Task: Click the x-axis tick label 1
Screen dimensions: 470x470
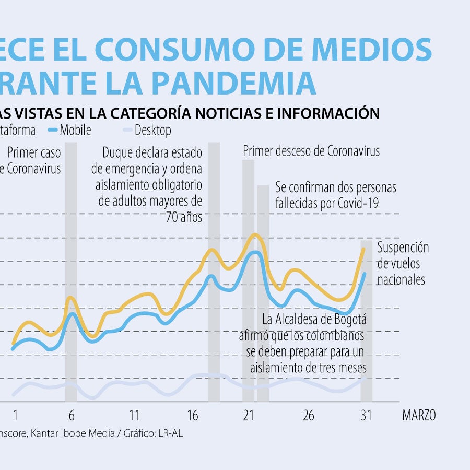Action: pos(15,415)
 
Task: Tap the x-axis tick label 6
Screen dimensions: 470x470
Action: pos(72,415)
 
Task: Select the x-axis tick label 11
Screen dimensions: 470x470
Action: pos(135,415)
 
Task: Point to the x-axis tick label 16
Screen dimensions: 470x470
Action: pos(193,415)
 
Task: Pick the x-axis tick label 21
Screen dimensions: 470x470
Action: pos(249,415)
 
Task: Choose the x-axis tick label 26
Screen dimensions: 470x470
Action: pos(309,415)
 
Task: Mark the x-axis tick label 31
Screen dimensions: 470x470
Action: pos(366,415)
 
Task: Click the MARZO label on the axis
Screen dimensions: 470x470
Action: pos(419,415)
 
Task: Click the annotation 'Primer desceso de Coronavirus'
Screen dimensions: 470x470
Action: pos(311,151)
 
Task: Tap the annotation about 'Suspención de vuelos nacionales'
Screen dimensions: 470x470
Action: pos(403,263)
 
